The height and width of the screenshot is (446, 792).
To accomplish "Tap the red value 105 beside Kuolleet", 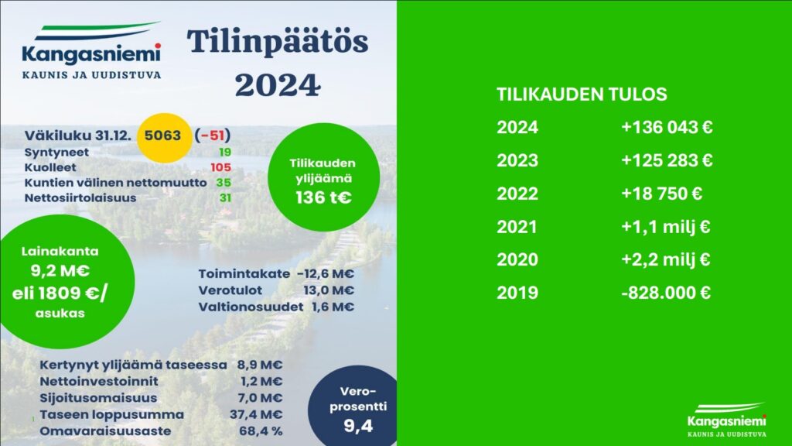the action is pyautogui.click(x=220, y=167).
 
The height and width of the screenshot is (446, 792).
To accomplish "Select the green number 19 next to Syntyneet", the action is pyautogui.click(x=225, y=153).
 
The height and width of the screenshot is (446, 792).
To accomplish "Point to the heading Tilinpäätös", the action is pyautogui.click(x=278, y=43).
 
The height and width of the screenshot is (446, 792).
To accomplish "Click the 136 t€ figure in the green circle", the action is pyautogui.click(x=323, y=197).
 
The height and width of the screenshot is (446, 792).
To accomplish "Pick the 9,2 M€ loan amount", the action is pyautogui.click(x=60, y=270).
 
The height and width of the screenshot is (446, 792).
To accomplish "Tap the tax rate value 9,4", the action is pyautogui.click(x=358, y=427).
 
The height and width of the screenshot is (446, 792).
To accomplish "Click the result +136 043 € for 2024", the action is pyautogui.click(x=667, y=127).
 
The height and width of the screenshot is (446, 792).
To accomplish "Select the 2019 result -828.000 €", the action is pyautogui.click(x=666, y=293).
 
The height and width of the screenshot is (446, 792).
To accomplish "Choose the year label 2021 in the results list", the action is pyautogui.click(x=517, y=227).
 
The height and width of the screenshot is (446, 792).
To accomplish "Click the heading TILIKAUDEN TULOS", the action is pyautogui.click(x=582, y=94).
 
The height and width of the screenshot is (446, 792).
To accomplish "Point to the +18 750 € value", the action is pyautogui.click(x=662, y=194).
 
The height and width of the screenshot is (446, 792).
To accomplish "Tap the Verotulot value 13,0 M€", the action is pyautogui.click(x=328, y=290).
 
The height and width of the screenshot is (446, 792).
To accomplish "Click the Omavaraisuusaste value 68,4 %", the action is pyautogui.click(x=261, y=431).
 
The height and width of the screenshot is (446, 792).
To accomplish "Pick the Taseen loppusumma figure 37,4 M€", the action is pyautogui.click(x=256, y=415).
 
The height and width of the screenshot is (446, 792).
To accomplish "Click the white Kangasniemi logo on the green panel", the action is pyautogui.click(x=727, y=419).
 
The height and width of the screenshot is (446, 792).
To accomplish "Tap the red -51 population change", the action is pyautogui.click(x=213, y=136).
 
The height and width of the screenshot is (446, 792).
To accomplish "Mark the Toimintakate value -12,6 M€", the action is pyautogui.click(x=326, y=273).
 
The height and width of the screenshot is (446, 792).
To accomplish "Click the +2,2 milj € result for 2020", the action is pyautogui.click(x=666, y=260).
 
